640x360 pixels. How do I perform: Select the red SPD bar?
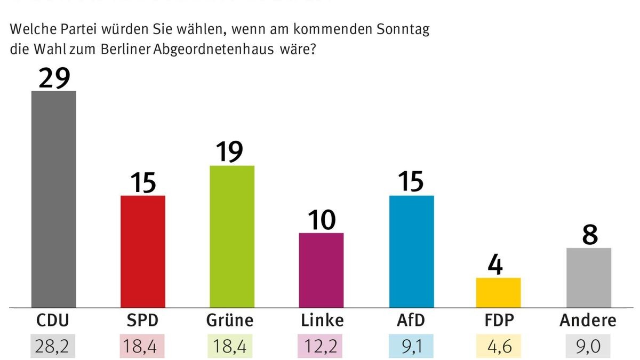pos(143,251)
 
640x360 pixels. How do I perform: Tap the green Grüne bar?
pos(232,236)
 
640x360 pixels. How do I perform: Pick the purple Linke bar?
pos(321,270)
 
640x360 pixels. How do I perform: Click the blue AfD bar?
pos(411,251)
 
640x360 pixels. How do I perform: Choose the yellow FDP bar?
pos(498,292)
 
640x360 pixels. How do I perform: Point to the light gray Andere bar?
pos(588,277)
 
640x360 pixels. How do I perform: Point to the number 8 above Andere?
pos(589,234)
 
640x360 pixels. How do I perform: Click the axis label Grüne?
pos(229,321)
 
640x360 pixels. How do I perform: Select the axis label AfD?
pos(411,321)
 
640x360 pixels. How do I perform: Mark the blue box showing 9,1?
pos(411,346)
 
